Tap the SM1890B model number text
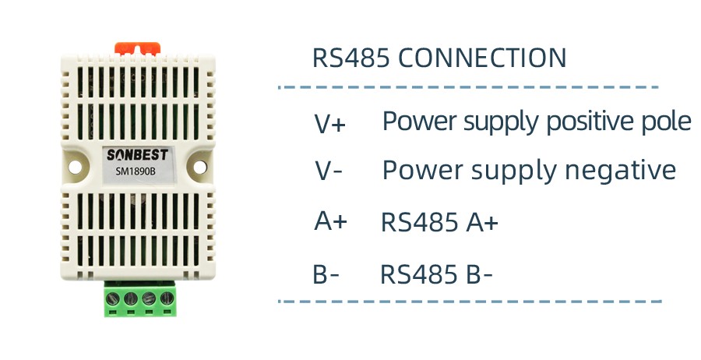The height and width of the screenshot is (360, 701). pos(136,171)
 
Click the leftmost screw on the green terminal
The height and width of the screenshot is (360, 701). pos(114,298)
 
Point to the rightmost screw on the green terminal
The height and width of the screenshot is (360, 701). pos(167,298)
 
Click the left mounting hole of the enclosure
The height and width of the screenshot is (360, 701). pos(75,164)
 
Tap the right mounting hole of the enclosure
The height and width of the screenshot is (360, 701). pos(198,164)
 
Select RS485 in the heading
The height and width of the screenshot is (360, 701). pos(352,58)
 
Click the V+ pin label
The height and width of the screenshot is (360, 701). pos(329,124)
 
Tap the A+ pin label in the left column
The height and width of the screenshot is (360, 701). pos(330,222)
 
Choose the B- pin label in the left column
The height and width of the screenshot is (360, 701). pos(326,275)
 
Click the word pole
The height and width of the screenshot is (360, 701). pos(670,122)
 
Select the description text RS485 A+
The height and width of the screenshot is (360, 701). pos(439,224)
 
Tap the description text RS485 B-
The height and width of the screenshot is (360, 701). pos(436,275)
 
